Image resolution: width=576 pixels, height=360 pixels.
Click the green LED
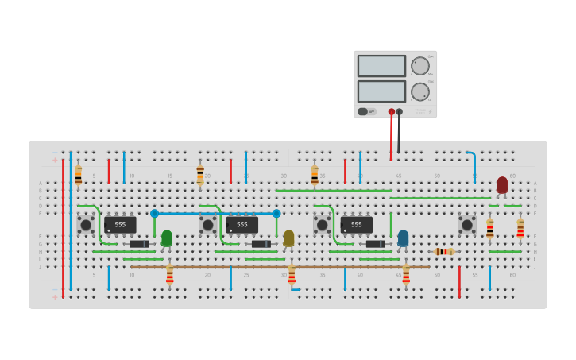(x=167, y=238)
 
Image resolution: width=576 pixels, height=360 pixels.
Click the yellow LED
(x=288, y=238)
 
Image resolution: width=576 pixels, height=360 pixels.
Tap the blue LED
(x=403, y=238)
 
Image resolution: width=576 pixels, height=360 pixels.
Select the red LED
(x=502, y=184)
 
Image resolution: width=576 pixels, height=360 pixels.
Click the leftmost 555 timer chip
(x=120, y=225)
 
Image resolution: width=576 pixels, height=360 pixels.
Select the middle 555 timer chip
(x=242, y=225)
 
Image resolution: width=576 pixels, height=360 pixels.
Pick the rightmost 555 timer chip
(x=357, y=225)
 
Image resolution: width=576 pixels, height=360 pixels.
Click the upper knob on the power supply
(x=419, y=66)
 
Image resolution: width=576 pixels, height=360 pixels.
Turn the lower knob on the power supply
(x=419, y=91)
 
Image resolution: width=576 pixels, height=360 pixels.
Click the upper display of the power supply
(x=381, y=66)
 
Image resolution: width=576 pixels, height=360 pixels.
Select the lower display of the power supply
(x=381, y=91)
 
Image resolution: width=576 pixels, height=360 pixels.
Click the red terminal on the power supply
(x=391, y=112)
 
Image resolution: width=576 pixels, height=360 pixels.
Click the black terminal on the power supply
(x=399, y=112)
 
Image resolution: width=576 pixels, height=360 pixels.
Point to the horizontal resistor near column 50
(x=444, y=251)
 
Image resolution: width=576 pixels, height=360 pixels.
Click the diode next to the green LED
(x=139, y=244)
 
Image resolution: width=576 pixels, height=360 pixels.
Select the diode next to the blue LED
(x=375, y=244)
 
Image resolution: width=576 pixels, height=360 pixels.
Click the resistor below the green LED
(x=169, y=275)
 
